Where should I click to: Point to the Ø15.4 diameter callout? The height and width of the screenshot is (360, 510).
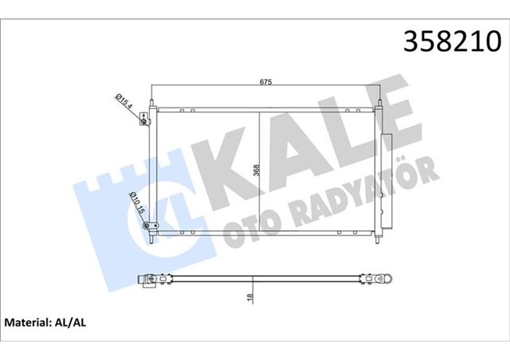(x=124, y=101)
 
